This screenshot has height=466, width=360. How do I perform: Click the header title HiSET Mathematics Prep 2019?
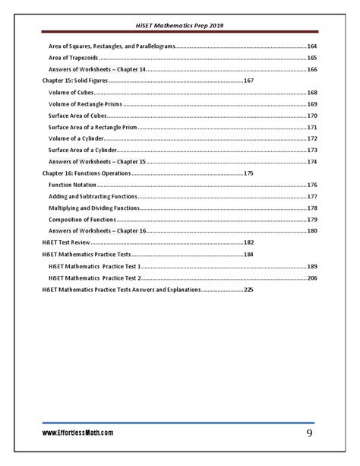179,25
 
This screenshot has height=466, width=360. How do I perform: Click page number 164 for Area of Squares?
311,46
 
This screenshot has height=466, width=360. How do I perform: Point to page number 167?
248,81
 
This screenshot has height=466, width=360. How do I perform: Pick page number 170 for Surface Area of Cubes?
311,115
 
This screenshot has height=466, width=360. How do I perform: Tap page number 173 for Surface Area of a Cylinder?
311,150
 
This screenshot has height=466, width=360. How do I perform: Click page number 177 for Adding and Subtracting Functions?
311,196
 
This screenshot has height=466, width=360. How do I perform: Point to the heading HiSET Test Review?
66,243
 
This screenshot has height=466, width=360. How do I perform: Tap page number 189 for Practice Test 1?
311,266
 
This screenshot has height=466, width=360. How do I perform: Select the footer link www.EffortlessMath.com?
78,433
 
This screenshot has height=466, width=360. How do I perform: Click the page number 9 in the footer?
310,433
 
